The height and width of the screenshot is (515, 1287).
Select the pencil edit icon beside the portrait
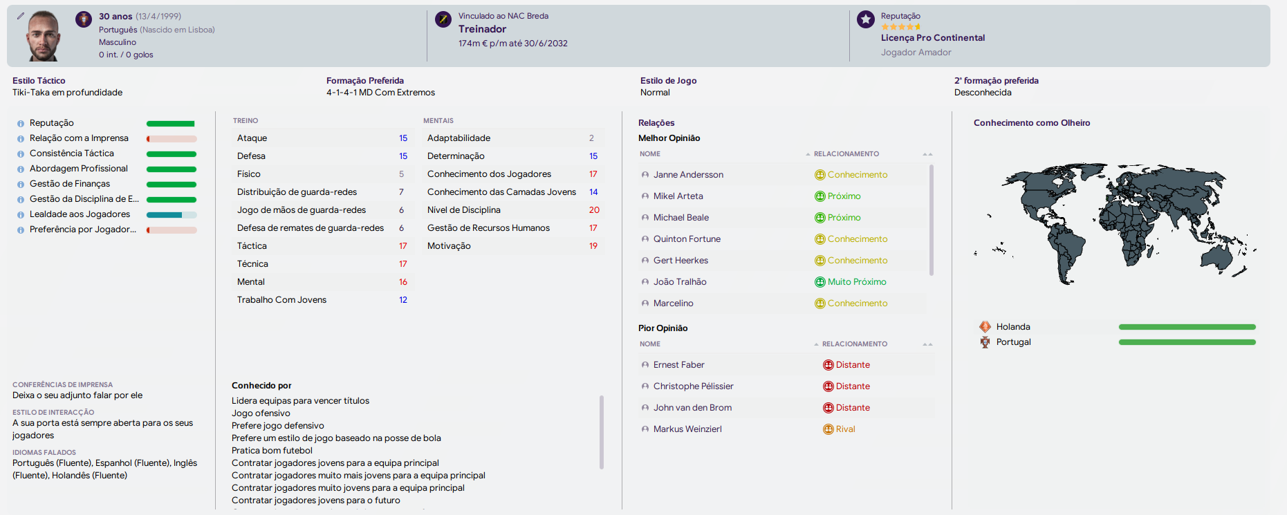pyautogui.click(x=21, y=16)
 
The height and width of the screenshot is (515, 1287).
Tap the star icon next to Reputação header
pyautogui.click(x=866, y=19)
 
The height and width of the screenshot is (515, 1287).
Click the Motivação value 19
pyautogui.click(x=593, y=246)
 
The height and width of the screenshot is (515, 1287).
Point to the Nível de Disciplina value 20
pyautogui.click(x=594, y=210)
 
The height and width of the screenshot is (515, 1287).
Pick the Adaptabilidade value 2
pyautogui.click(x=591, y=138)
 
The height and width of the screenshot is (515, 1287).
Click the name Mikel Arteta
pyautogui.click(x=678, y=196)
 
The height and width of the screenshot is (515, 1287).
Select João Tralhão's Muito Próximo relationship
pyautogui.click(x=851, y=282)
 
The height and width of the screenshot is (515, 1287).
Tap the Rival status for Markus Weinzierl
pyautogui.click(x=839, y=429)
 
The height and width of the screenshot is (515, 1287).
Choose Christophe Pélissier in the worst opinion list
pyautogui.click(x=693, y=386)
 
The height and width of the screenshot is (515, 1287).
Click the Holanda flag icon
pyautogui.click(x=985, y=327)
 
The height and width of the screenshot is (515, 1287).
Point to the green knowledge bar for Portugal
pyautogui.click(x=1187, y=342)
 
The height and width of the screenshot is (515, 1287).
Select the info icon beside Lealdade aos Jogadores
pyautogui.click(x=21, y=215)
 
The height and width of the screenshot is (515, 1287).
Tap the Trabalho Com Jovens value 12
pyautogui.click(x=403, y=300)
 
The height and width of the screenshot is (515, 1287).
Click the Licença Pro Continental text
pyautogui.click(x=933, y=38)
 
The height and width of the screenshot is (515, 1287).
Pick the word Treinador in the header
pyautogui.click(x=482, y=29)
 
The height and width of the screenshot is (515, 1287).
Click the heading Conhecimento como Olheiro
pyautogui.click(x=1032, y=123)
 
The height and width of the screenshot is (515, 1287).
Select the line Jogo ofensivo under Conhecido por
pyautogui.click(x=261, y=413)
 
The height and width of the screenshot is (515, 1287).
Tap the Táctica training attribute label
pyautogui.click(x=252, y=246)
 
